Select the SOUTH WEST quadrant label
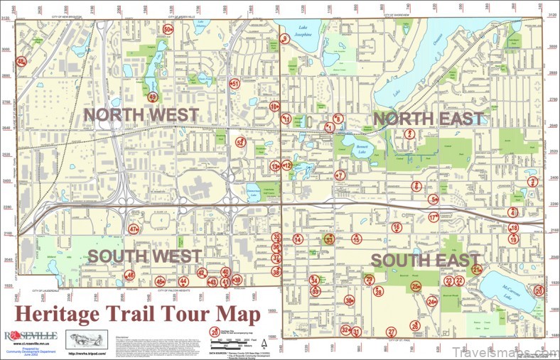pyautogui.click(x=145, y=256)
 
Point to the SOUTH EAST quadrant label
pyautogui.click(x=426, y=260)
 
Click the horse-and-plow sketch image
pyautogui.click(x=87, y=339)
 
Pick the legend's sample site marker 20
pyautogui.click(x=215, y=331)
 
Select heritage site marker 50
pyautogui.click(x=168, y=30)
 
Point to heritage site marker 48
pyautogui.click(x=21, y=62)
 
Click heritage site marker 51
pyautogui.click(x=235, y=83)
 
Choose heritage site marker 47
pyautogui.click(x=134, y=229)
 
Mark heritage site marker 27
pyautogui.click(x=391, y=332)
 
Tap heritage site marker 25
pyautogui.click(x=416, y=286)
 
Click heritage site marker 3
pyautogui.click(x=532, y=182)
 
